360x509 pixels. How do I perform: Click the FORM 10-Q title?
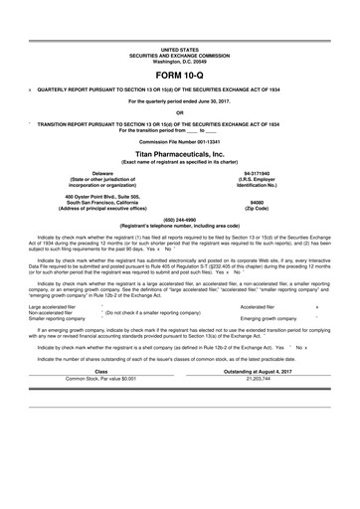pos(180,75)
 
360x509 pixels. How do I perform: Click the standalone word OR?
pos(180,111)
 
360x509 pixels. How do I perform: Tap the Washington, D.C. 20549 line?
pos(180,60)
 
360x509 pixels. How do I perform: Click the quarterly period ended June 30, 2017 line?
pos(180,100)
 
